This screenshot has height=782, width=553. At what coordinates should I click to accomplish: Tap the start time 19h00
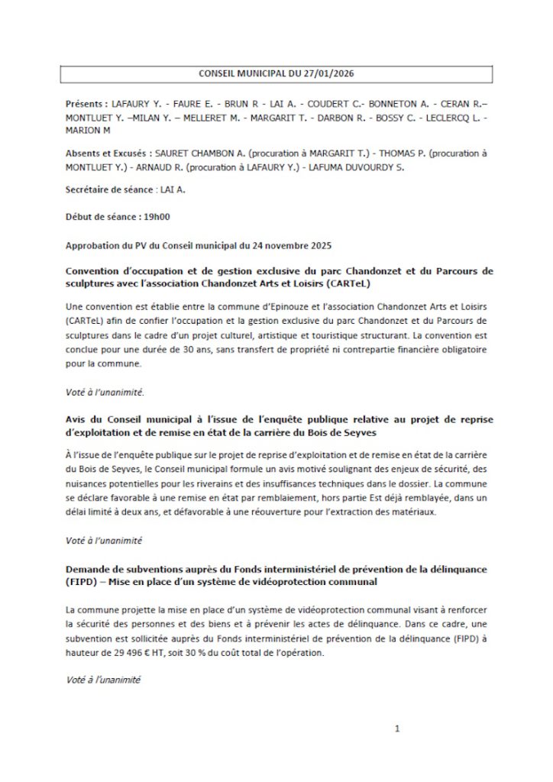click(153, 216)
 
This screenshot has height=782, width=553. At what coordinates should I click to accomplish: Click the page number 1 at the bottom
click(397, 729)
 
